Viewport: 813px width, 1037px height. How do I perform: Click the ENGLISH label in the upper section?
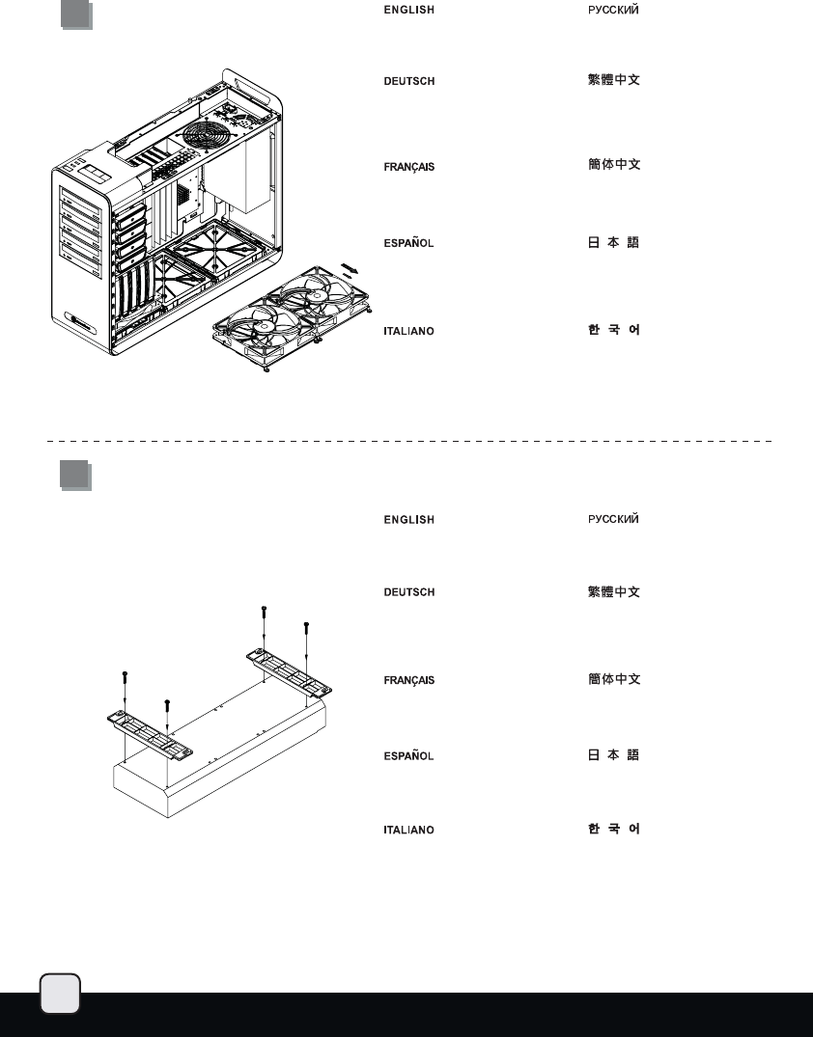409,10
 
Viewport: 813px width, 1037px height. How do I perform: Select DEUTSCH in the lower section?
409,592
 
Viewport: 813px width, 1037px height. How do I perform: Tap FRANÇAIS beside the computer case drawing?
409,167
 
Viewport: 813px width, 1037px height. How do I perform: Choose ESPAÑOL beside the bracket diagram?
408,756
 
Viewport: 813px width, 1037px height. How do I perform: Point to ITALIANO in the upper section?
408,331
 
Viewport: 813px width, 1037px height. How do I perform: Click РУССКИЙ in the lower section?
613,519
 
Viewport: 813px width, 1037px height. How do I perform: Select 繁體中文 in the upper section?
614,80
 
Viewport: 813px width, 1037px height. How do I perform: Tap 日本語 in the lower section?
613,755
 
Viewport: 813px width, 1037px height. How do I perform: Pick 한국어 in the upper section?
614,329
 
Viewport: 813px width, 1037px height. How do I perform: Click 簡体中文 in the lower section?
614,679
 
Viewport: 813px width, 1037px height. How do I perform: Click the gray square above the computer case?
77,14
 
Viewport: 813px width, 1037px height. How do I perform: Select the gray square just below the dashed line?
75,476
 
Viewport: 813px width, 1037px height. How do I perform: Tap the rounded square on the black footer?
60,994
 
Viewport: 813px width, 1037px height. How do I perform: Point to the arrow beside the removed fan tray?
350,268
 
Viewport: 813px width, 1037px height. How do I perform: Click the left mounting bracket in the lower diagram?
150,734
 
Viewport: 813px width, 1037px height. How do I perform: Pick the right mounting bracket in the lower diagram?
290,673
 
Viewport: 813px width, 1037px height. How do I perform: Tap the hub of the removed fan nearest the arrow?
317,295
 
